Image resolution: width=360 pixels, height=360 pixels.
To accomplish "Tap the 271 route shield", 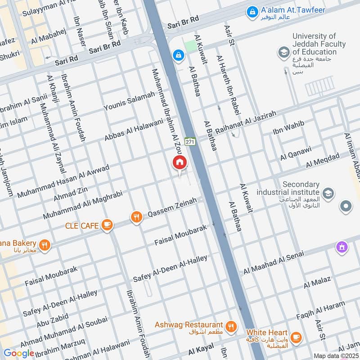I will [190, 142].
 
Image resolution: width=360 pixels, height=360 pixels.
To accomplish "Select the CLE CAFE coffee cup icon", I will [107, 225].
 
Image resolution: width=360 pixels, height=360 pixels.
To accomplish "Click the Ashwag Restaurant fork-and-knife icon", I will [231, 327].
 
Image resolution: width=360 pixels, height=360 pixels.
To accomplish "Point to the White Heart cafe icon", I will [296, 337].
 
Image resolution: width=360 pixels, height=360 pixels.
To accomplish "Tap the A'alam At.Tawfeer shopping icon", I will [253, 10].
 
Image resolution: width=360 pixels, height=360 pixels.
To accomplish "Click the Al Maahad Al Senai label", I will [274, 263].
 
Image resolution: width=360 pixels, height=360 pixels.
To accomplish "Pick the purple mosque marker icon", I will [342, 247].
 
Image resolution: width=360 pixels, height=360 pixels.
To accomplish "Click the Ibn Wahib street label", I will [288, 127].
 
